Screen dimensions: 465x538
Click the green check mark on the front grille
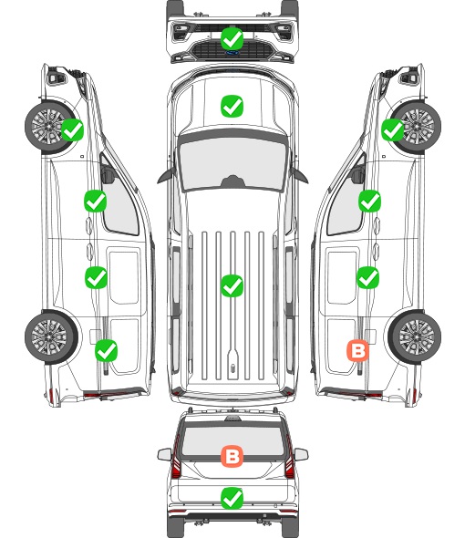(232, 38)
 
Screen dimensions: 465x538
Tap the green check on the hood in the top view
(232, 106)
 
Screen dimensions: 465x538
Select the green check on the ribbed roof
(232, 285)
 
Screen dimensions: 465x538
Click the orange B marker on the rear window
(232, 456)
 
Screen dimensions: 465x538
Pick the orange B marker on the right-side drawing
(358, 351)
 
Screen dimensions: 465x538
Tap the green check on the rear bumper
(232, 498)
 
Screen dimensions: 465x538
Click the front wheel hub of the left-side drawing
(47, 126)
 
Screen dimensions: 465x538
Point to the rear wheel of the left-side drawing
(51, 337)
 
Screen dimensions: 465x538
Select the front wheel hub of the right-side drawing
(418, 126)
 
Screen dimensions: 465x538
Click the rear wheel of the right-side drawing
(415, 337)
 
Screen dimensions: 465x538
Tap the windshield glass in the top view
(232, 164)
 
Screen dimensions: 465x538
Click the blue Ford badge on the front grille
(232, 53)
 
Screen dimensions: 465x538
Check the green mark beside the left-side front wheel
(72, 129)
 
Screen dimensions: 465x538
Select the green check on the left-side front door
(95, 201)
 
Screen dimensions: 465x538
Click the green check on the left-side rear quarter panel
(106, 350)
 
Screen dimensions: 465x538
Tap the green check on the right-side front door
(369, 201)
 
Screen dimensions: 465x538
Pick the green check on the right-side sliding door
(367, 277)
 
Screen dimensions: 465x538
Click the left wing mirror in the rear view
(164, 455)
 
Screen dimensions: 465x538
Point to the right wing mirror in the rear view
(301, 455)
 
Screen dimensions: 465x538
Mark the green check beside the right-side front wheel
(393, 129)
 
